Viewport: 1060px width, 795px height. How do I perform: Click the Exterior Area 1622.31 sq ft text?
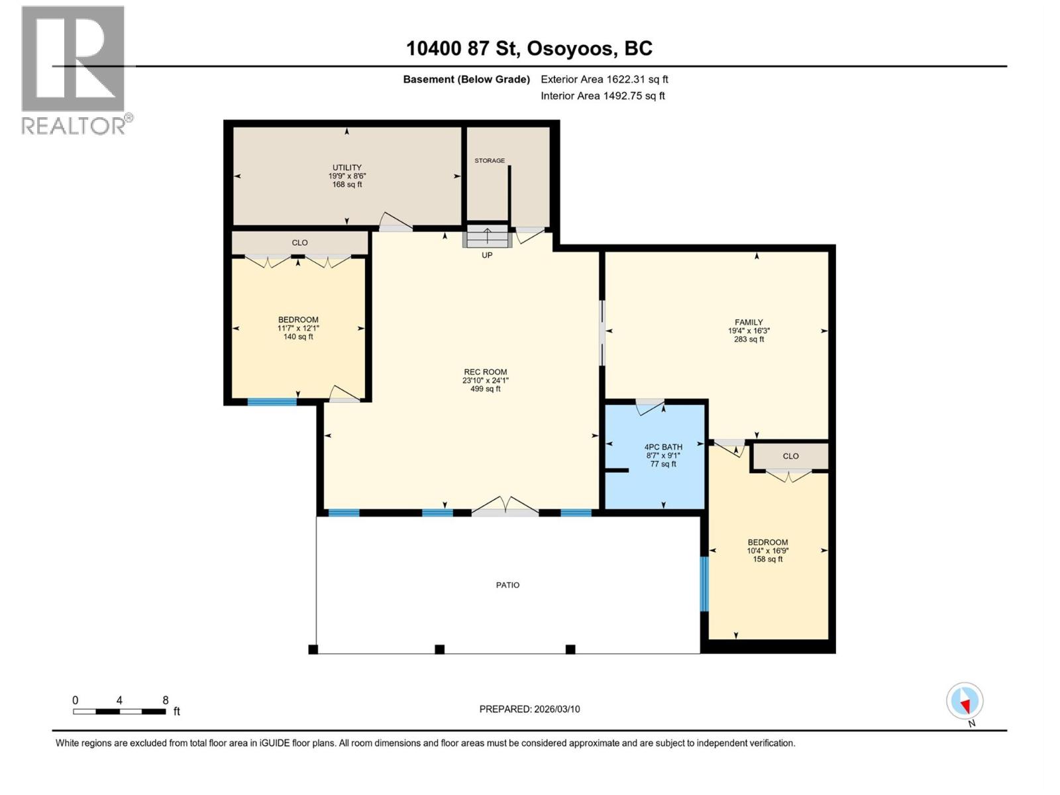pyautogui.click(x=604, y=79)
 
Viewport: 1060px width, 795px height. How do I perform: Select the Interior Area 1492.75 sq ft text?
pyautogui.click(x=602, y=95)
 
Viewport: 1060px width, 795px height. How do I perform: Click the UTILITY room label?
pyautogui.click(x=346, y=168)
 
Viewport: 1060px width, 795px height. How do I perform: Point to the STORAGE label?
pyautogui.click(x=490, y=160)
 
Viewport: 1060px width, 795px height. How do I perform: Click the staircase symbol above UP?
pyautogui.click(x=487, y=236)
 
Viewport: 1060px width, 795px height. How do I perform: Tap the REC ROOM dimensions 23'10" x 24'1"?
pyautogui.click(x=485, y=380)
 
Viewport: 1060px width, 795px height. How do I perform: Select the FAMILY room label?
pyautogui.click(x=749, y=322)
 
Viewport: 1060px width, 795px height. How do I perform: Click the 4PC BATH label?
pyautogui.click(x=663, y=447)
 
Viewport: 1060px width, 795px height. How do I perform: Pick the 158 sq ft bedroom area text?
pyautogui.click(x=767, y=559)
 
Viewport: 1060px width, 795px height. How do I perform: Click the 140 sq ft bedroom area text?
pyautogui.click(x=298, y=337)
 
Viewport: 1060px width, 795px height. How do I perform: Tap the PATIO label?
pyautogui.click(x=507, y=585)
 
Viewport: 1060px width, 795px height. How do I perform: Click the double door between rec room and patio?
pyautogui.click(x=505, y=510)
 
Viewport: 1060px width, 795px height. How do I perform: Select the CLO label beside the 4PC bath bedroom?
pyautogui.click(x=790, y=456)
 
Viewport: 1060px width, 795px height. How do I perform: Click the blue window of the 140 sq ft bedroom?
pyautogui.click(x=272, y=401)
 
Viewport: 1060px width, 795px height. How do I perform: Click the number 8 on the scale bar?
pyautogui.click(x=166, y=700)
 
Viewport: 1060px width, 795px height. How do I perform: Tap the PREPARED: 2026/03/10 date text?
pyautogui.click(x=529, y=709)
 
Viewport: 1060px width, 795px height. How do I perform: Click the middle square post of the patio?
pyautogui.click(x=439, y=649)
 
